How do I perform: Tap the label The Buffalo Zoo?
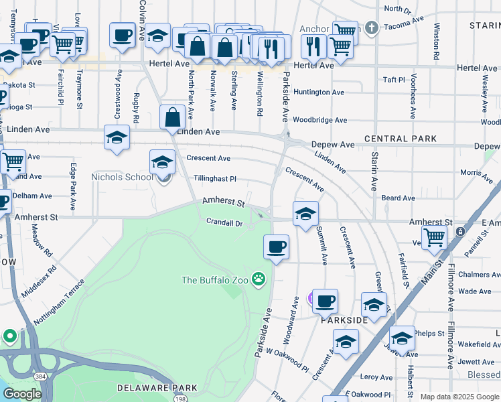(214, 279)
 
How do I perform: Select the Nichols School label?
(121, 177)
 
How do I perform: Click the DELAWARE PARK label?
(157, 388)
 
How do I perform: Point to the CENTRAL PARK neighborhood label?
(401, 139)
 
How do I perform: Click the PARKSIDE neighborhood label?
(344, 321)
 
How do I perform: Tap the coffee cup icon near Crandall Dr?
(276, 247)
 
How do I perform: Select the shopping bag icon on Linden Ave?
(173, 117)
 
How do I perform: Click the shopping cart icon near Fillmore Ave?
(434, 237)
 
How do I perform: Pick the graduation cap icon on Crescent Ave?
(162, 161)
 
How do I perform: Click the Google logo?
(22, 395)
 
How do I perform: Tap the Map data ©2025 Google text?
(459, 397)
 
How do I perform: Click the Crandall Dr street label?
(224, 222)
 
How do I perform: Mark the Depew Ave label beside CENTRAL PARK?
(333, 145)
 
